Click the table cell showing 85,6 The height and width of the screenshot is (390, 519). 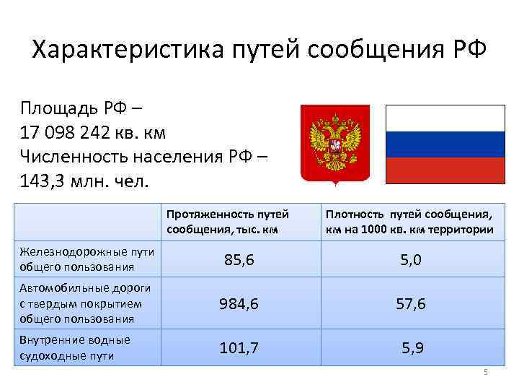[239, 260]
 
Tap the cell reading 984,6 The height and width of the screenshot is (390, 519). [239, 304]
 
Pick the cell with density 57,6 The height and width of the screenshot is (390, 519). [411, 304]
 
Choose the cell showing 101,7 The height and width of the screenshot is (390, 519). [239, 348]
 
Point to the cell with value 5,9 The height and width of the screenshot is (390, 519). [412, 348]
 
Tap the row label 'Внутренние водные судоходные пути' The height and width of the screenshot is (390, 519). [76, 347]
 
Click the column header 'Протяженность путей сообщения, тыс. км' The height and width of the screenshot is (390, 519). [228, 222]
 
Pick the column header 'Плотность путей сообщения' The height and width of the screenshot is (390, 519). [409, 222]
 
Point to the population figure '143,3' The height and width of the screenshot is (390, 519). [44, 179]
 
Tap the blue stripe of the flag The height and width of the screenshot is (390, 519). [445, 144]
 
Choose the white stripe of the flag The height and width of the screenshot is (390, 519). [445, 118]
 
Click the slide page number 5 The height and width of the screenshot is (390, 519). [486, 372]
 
